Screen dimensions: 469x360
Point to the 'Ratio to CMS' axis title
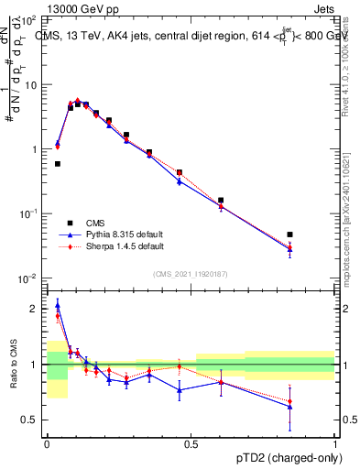tap(14, 364)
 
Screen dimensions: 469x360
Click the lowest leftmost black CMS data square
tap(58, 164)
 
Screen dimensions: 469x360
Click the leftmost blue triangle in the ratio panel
tap(58, 306)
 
